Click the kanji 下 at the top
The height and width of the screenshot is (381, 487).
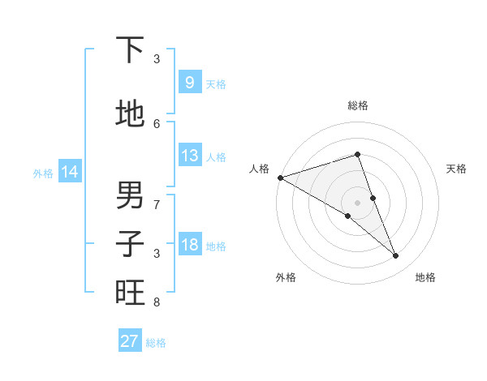[x=130, y=50]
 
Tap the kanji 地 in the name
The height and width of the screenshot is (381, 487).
[x=130, y=114]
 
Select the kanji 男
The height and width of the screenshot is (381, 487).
[x=130, y=195]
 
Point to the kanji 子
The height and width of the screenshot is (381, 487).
[x=130, y=244]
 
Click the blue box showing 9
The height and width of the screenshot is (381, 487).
[x=189, y=83]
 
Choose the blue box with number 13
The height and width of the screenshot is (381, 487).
[x=189, y=156]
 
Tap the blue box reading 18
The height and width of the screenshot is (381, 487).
[x=189, y=245]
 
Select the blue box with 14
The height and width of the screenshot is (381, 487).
[x=69, y=172]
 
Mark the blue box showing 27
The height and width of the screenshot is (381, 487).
[x=129, y=341]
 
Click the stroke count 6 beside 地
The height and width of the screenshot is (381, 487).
[x=157, y=123]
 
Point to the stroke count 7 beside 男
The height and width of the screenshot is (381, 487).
[x=157, y=204]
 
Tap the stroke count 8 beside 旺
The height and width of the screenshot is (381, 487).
[x=157, y=302]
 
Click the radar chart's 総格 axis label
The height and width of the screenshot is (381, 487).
[x=357, y=105]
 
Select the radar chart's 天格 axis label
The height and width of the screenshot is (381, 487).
[x=456, y=169]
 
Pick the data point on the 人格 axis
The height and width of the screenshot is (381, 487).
[x=280, y=177]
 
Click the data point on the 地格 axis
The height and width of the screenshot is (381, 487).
[x=396, y=256]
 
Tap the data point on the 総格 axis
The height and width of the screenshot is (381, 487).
[x=357, y=154]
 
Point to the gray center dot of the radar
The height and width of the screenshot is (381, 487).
[x=357, y=202]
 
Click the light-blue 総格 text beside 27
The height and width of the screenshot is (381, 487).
[x=156, y=343]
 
